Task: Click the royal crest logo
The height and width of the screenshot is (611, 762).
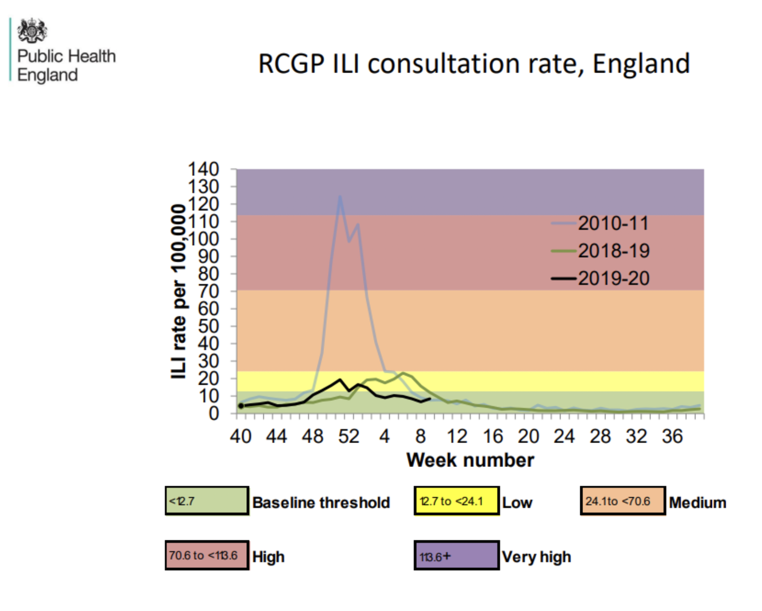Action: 32,30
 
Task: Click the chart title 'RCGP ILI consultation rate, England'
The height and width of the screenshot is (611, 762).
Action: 474,64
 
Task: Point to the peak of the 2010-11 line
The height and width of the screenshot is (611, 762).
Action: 340,196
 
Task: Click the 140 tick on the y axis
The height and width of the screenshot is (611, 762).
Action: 203,169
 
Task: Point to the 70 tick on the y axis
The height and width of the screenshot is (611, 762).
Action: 208,291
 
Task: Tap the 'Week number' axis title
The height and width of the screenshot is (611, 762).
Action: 470,460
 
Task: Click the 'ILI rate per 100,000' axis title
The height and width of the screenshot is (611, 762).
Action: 179,292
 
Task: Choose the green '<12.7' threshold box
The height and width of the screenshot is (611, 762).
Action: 207,501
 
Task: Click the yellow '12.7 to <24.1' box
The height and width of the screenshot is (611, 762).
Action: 456,501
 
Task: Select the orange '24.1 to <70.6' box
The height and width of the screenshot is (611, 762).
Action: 622,501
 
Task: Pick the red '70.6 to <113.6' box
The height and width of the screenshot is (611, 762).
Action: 207,556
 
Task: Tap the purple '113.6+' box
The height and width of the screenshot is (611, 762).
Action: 456,556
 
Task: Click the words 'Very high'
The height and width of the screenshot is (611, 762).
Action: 536,557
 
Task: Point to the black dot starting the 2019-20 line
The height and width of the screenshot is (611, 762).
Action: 241,406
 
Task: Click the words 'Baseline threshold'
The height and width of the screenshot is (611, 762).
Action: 321,503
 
